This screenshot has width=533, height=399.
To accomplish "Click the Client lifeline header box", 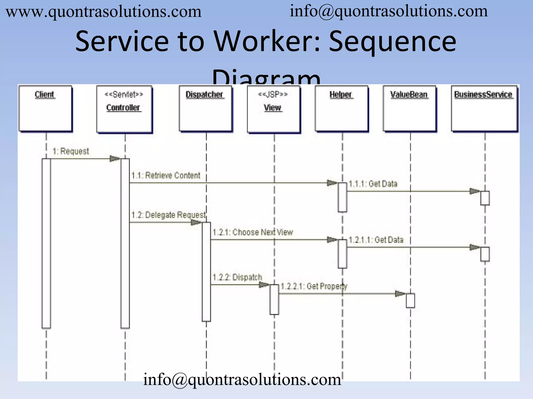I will coord(45,109).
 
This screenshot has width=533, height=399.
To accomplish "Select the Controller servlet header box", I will coord(124,109).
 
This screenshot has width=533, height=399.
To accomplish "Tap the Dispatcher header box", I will coord(206,109).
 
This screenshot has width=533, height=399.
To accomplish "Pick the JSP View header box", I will coord(273,109).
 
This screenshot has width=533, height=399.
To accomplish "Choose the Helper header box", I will coord(341,109).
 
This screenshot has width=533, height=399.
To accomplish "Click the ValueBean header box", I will coord(410,109).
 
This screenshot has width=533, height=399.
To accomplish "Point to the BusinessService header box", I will coord(484,109).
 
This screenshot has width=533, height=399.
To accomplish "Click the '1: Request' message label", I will coord(71,151).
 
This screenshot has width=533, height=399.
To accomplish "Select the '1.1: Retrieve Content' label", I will coord(166,176).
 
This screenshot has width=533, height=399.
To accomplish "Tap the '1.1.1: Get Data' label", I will coord(373,184).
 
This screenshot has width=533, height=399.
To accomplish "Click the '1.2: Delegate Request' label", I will coord(168,215).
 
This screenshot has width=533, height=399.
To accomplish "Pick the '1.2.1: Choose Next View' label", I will coord(253,232).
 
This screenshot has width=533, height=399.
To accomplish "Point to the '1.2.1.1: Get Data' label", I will coord(376,240).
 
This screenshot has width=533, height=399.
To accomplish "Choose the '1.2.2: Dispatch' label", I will coord(237,277).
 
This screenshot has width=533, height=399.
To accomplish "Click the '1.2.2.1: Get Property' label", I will coord(314,286).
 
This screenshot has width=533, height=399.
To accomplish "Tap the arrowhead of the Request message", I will coord(115,158).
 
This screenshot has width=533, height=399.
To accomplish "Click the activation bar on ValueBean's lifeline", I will coord(410,301).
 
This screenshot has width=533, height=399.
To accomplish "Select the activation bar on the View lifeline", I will coord(274,300).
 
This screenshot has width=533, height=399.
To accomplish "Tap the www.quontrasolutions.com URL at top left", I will coord(104,12).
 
